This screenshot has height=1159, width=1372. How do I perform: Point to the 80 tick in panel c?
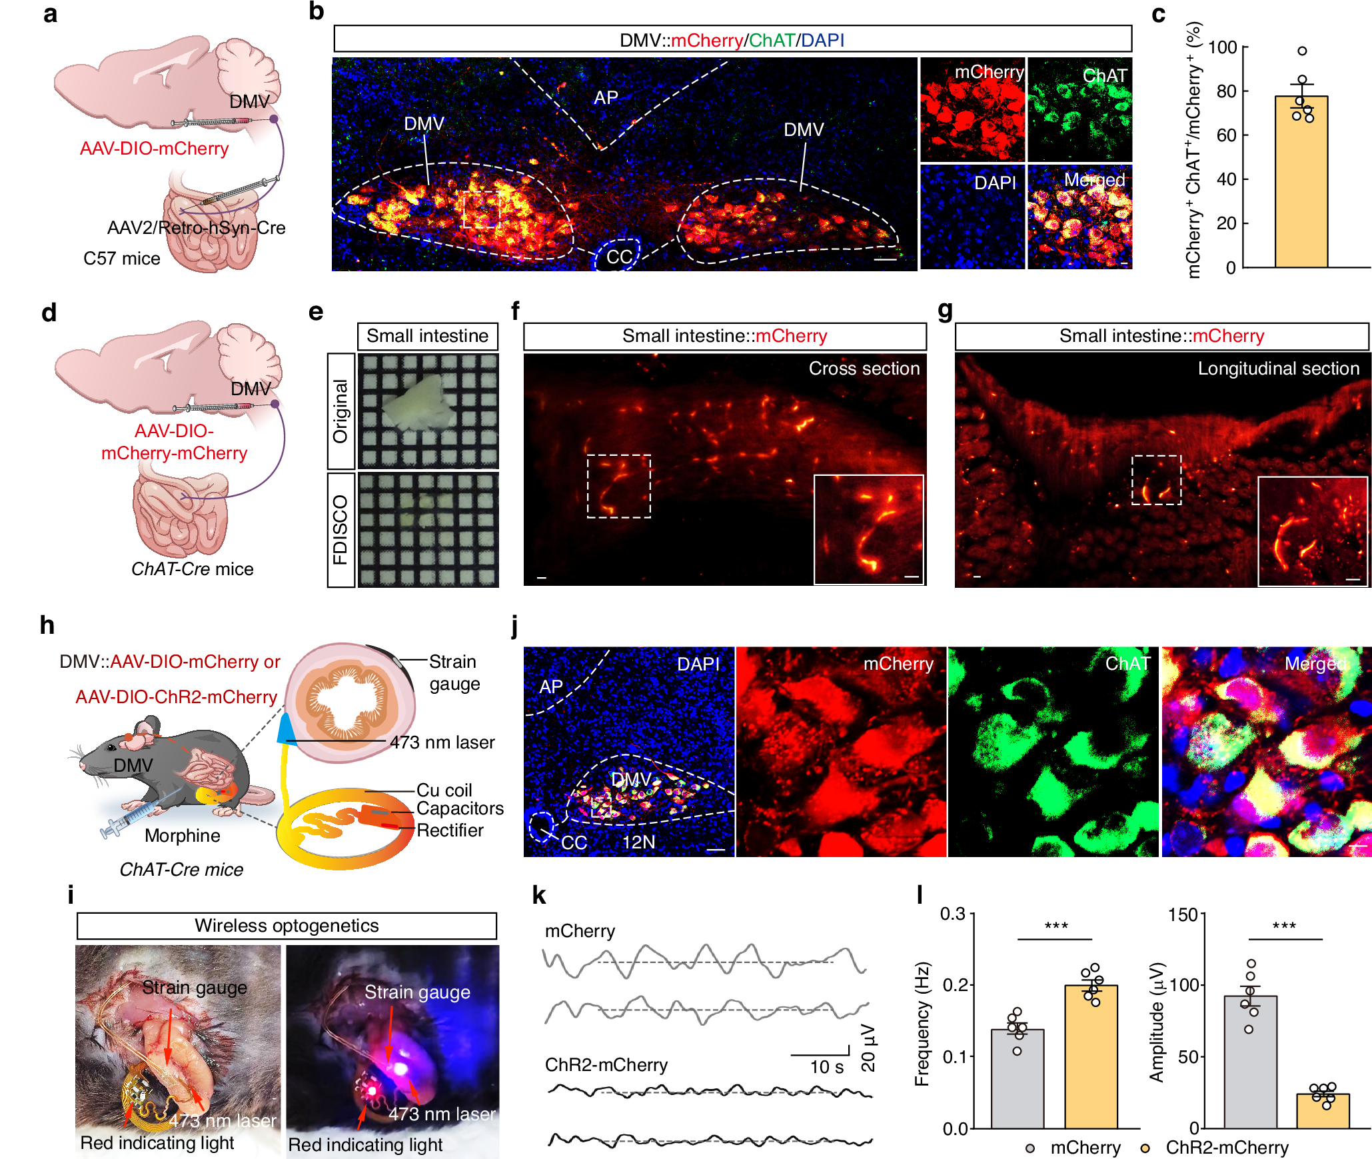point(1226,91)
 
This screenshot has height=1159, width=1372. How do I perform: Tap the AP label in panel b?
point(606,98)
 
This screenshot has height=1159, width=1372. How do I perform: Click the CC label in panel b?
point(618,257)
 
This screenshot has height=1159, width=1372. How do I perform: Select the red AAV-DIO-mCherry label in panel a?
point(154,149)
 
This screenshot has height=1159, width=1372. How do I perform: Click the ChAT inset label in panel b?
point(1104,76)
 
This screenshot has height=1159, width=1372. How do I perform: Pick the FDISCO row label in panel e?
point(341,530)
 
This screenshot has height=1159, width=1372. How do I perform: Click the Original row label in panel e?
point(341,411)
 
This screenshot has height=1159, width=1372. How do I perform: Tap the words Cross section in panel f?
point(864,369)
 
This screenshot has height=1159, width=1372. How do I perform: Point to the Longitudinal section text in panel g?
point(1278,369)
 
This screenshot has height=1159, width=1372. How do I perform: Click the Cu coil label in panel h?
point(444,790)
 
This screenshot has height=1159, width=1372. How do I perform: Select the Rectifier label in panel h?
point(450,830)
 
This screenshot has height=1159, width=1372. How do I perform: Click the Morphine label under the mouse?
point(182,836)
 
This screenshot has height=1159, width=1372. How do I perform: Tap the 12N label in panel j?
point(638,842)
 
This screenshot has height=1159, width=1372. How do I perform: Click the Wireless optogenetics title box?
point(287,926)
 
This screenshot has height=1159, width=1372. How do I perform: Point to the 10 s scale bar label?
point(826,1067)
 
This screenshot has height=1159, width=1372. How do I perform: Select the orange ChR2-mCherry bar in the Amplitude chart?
point(1322,1111)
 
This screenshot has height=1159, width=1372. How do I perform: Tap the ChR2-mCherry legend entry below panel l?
point(1226,1148)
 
